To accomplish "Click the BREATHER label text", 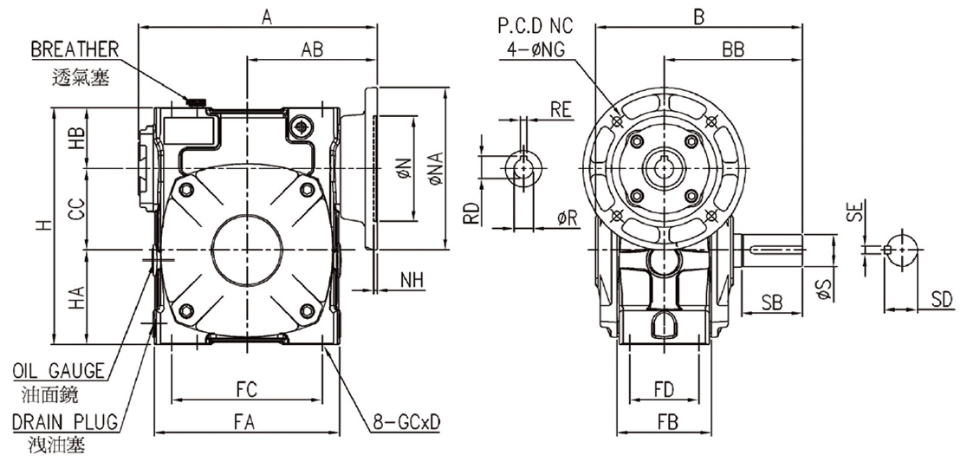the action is tap(75, 49).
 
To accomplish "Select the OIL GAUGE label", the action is tap(59, 370).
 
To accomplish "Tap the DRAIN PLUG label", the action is tap(64, 422).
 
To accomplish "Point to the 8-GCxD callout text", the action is tap(406, 422).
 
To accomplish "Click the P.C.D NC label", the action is tap(535, 26).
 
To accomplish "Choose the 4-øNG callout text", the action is tap(535, 49).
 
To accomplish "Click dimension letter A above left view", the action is tap(266, 18).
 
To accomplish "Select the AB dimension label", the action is tap(312, 50).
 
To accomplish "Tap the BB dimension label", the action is tap(733, 50).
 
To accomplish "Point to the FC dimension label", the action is tap(247, 390).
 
